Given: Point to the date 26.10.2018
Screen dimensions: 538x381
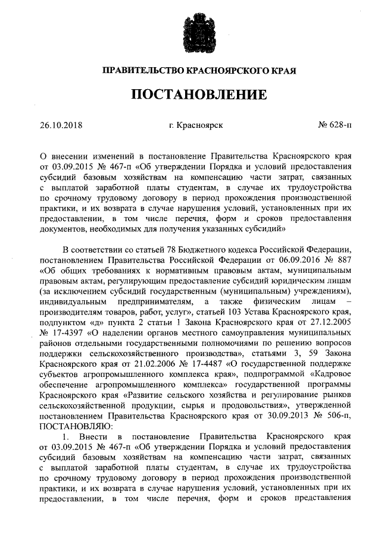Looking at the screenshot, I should [x=60, y=126].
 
